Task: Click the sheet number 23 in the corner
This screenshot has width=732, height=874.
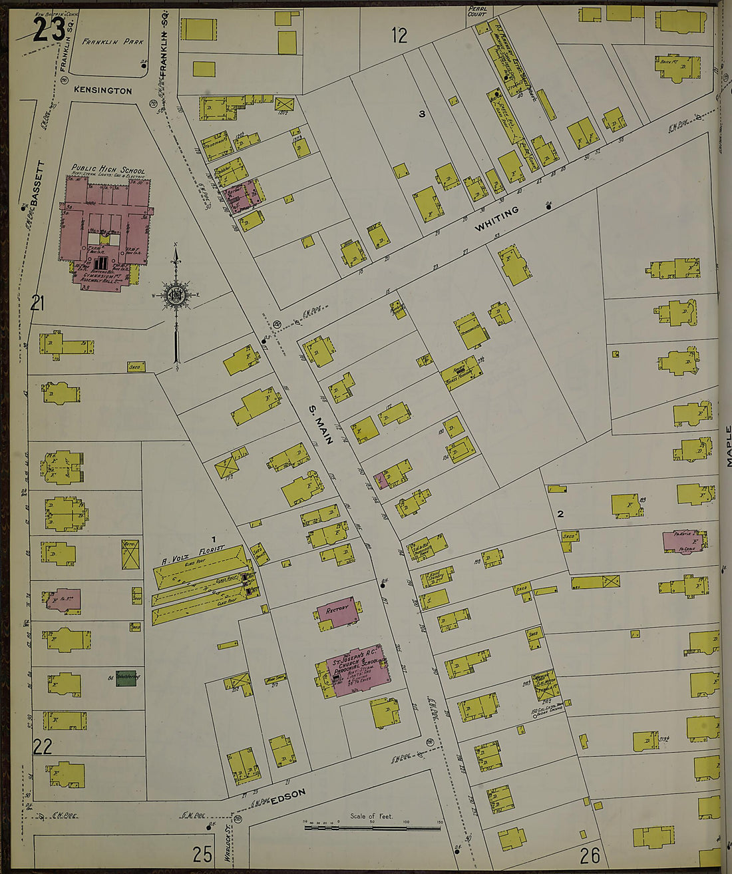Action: [49, 29]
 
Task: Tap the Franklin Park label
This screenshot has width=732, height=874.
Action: [112, 42]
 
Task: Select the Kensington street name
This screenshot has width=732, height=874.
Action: [103, 91]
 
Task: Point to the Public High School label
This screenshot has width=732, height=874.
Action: [108, 170]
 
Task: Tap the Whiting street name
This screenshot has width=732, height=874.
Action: [496, 220]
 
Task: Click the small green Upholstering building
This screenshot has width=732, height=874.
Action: [126, 678]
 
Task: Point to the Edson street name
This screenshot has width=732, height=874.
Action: [289, 796]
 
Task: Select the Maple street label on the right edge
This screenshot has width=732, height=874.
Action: [728, 446]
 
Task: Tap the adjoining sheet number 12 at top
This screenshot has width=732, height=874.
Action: [399, 35]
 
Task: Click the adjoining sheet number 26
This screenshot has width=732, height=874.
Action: [590, 854]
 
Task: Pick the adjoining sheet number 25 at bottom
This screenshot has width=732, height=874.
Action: [202, 854]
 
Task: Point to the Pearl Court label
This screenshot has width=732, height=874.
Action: [477, 11]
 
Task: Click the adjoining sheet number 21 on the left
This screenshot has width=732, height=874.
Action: [37, 304]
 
